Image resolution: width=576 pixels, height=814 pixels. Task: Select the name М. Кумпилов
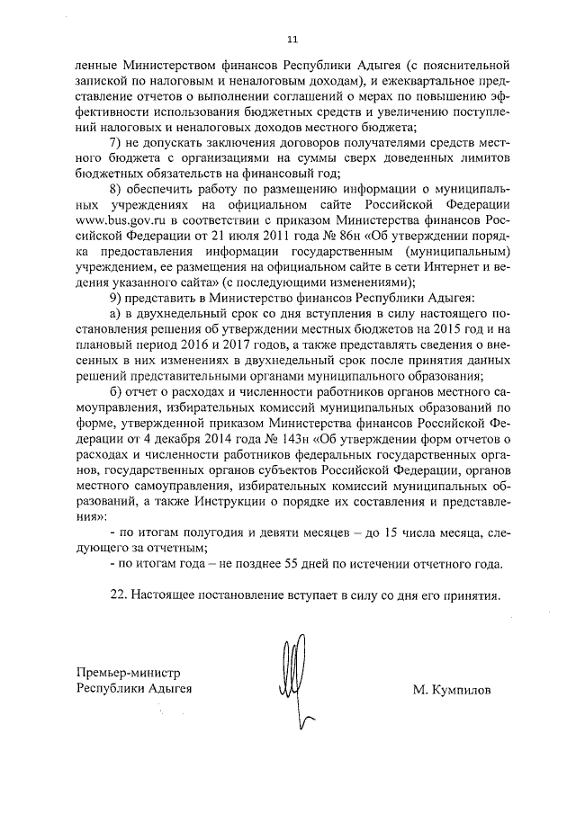[x=454, y=690]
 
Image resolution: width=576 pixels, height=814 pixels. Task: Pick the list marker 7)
[x=114, y=145]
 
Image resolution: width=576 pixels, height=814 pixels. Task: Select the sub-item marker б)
[x=114, y=407]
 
